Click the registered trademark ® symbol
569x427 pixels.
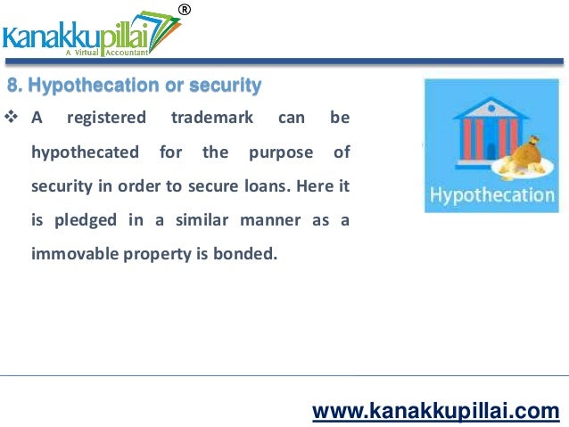click(185, 10)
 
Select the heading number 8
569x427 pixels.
click(12, 86)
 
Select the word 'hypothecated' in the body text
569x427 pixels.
click(85, 152)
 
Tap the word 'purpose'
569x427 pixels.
click(281, 152)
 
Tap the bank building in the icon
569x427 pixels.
click(468, 133)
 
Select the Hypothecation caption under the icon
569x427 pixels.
click(491, 195)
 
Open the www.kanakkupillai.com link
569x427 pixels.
click(435, 411)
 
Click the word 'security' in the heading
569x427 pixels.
click(227, 86)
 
